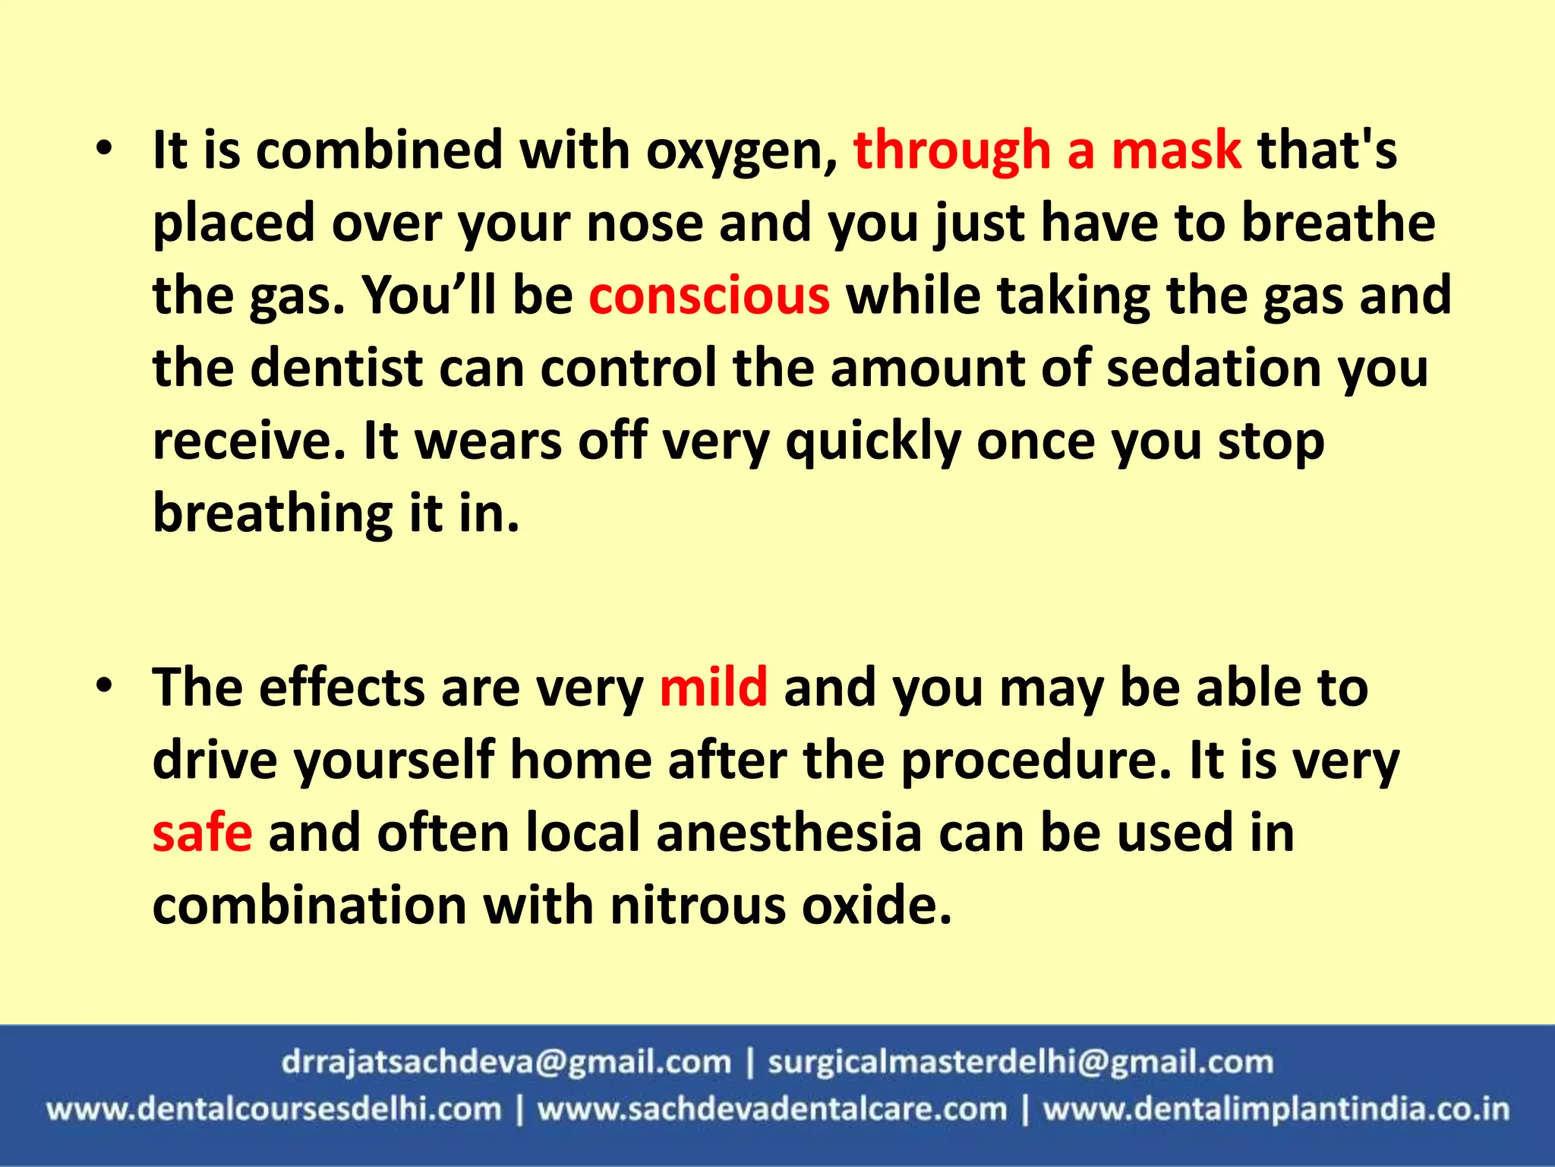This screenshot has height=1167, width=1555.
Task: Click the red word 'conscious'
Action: (x=709, y=296)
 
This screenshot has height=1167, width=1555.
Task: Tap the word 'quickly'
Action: (x=872, y=443)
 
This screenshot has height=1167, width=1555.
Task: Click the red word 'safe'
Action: (x=202, y=833)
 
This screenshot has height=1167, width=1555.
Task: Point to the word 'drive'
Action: (x=215, y=760)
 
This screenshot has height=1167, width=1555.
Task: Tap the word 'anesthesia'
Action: (x=788, y=833)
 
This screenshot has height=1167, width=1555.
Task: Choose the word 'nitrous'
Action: (x=698, y=906)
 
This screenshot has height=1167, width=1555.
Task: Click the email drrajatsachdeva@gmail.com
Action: (x=506, y=1061)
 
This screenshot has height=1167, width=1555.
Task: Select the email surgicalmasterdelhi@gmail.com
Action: (x=1020, y=1061)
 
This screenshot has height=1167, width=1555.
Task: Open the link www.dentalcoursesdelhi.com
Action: (x=274, y=1109)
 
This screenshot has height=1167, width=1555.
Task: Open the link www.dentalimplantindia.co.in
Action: (x=1276, y=1109)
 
